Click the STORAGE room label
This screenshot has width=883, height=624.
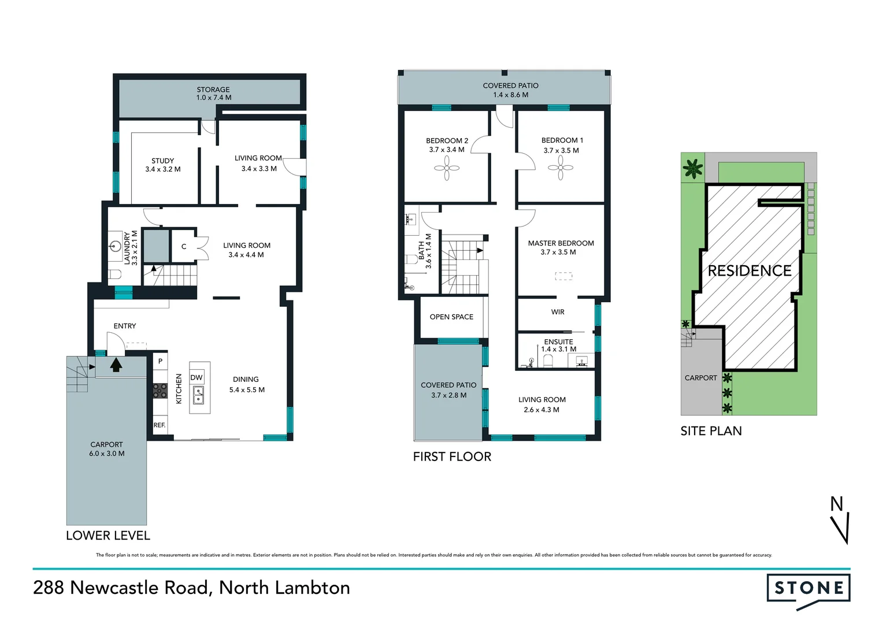[x=213, y=90]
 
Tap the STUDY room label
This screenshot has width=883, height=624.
[x=162, y=161]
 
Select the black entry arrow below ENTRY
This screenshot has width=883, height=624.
[x=116, y=365]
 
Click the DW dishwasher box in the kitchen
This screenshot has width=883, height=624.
[x=196, y=377]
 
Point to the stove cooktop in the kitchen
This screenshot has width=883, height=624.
[x=160, y=391]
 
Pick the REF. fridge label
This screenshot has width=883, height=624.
[x=159, y=425]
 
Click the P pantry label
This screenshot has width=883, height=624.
[x=160, y=361]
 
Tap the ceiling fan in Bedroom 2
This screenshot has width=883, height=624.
[x=447, y=168]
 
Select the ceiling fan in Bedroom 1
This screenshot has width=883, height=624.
[x=561, y=168]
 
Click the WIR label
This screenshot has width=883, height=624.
[x=558, y=312]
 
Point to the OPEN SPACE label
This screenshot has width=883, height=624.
[x=451, y=317]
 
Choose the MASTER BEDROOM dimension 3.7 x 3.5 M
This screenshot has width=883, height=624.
[x=558, y=252]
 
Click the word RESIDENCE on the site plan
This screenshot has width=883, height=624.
[x=750, y=270]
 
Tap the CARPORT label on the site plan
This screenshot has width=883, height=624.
[x=700, y=378]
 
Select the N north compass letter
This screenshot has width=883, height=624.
[x=836, y=504]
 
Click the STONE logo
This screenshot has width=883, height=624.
[x=808, y=589]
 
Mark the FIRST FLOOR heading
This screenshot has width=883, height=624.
[x=452, y=456]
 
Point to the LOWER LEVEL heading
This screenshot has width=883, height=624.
[x=108, y=536]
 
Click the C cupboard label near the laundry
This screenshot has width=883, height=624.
[x=184, y=247]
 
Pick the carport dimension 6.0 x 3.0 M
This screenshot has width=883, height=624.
[x=107, y=454]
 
